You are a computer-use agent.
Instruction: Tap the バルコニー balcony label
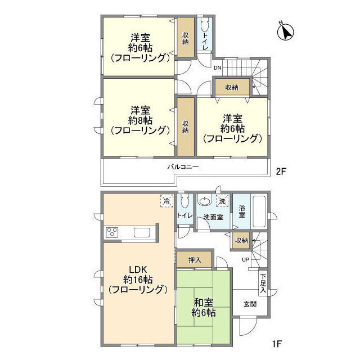pos(183,166)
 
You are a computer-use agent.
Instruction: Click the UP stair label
pos(245,259)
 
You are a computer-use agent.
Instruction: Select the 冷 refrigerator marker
pos(166,200)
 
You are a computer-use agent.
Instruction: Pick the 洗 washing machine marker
pos(223,201)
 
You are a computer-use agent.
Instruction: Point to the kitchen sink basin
pos(141,233)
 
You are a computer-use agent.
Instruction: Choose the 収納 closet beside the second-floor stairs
pos(232,87)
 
